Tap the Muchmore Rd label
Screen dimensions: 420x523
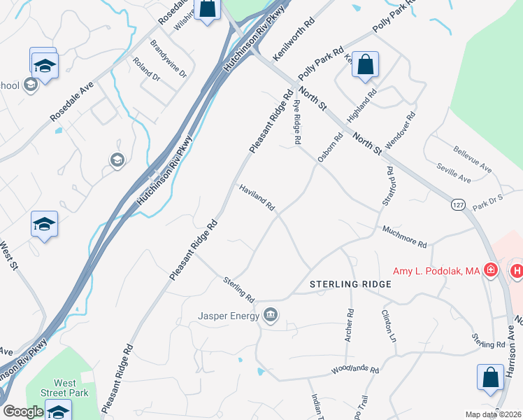(404, 237)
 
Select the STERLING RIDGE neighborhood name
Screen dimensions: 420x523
(350, 284)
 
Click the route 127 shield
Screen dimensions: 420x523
(458, 204)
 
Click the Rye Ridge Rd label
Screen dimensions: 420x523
(296, 122)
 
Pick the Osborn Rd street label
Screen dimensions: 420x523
(331, 148)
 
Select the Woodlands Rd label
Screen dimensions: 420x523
(355, 370)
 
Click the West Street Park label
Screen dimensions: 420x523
(65, 388)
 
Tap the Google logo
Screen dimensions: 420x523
(23, 412)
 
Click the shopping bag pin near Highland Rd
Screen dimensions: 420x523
(365, 65)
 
